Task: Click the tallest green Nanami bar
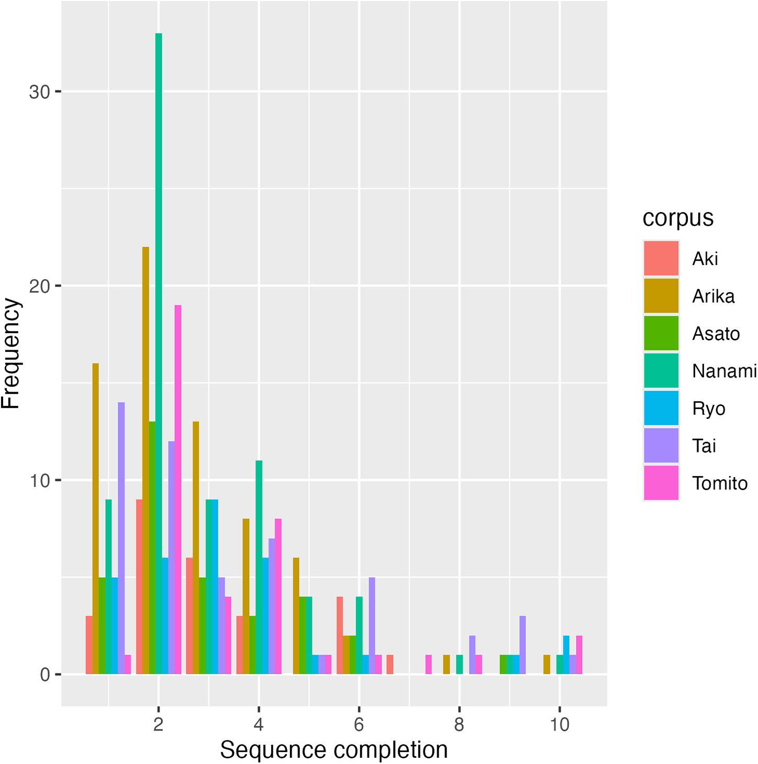click(x=159, y=353)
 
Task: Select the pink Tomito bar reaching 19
click(x=178, y=490)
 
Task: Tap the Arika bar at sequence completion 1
click(x=96, y=518)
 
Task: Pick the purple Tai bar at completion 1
click(x=121, y=538)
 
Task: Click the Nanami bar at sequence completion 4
click(x=259, y=567)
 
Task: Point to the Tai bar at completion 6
click(x=372, y=626)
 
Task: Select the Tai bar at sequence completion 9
click(x=522, y=645)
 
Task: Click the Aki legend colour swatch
click(x=661, y=258)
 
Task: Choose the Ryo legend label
click(x=708, y=408)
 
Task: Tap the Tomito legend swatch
click(x=661, y=483)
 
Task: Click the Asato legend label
click(x=716, y=334)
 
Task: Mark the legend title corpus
click(x=678, y=218)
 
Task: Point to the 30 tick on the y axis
click(x=58, y=92)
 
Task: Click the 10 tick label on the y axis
click(x=40, y=481)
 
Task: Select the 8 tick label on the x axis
click(x=459, y=725)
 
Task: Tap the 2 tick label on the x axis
click(x=159, y=725)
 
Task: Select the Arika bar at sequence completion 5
click(x=296, y=616)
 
